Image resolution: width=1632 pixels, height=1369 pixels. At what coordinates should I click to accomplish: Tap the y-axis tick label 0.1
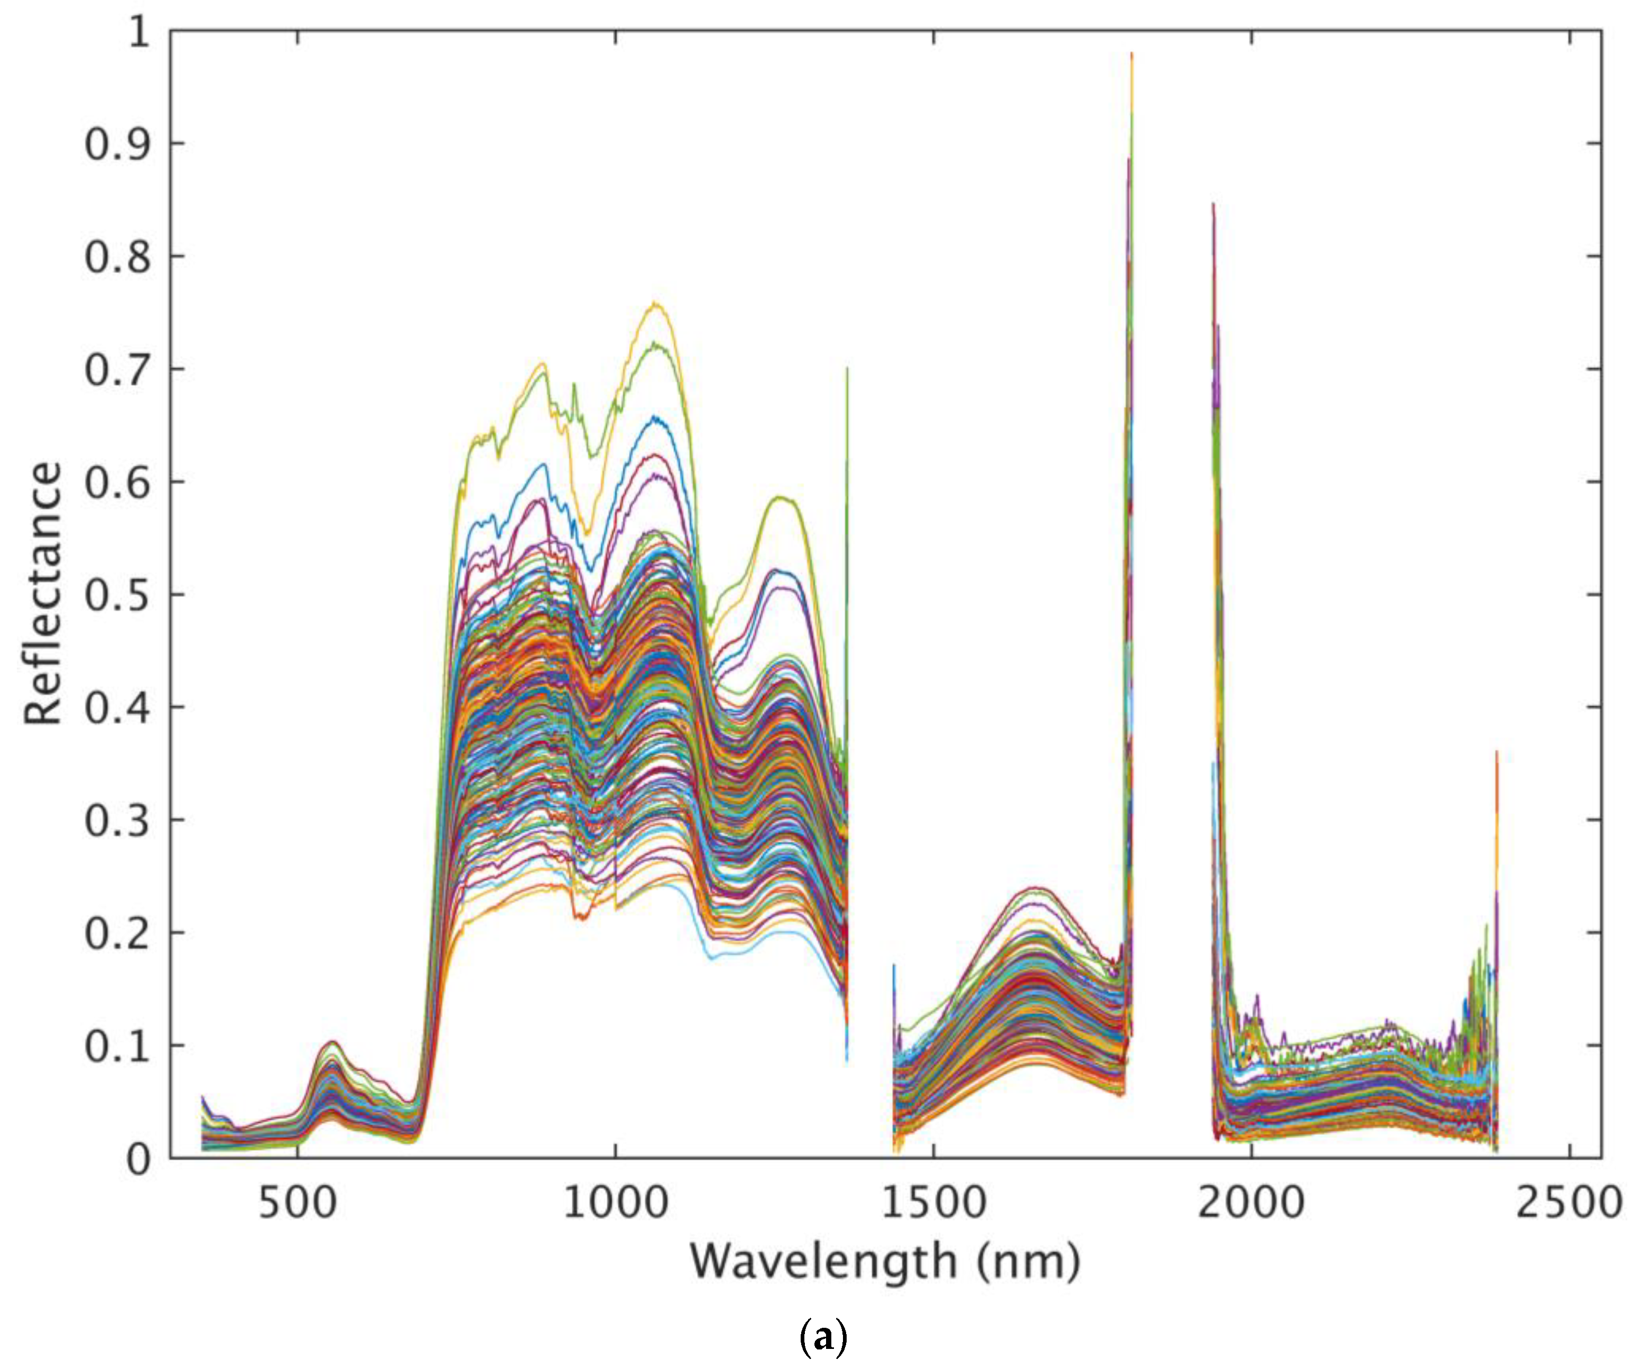[117, 1047]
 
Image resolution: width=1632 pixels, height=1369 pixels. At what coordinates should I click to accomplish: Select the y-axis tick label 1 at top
[138, 33]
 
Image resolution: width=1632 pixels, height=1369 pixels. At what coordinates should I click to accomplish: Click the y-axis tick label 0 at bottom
[138, 1159]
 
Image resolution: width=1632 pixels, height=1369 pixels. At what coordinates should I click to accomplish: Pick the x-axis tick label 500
[298, 1203]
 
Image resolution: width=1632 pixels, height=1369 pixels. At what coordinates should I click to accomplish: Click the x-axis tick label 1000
[616, 1203]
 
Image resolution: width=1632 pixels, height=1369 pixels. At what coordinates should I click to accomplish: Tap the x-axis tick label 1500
[933, 1203]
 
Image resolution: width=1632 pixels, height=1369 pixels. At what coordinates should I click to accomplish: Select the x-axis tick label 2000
[1251, 1203]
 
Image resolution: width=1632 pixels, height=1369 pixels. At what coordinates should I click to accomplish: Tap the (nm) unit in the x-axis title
[1028, 1262]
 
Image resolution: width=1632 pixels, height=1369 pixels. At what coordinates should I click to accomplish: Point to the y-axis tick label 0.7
[117, 370]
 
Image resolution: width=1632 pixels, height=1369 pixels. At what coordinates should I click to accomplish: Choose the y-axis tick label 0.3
[117, 821]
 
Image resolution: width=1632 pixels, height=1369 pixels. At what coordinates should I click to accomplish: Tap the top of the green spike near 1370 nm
[847, 368]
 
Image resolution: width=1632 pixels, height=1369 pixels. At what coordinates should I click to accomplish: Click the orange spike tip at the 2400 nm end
[1497, 752]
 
